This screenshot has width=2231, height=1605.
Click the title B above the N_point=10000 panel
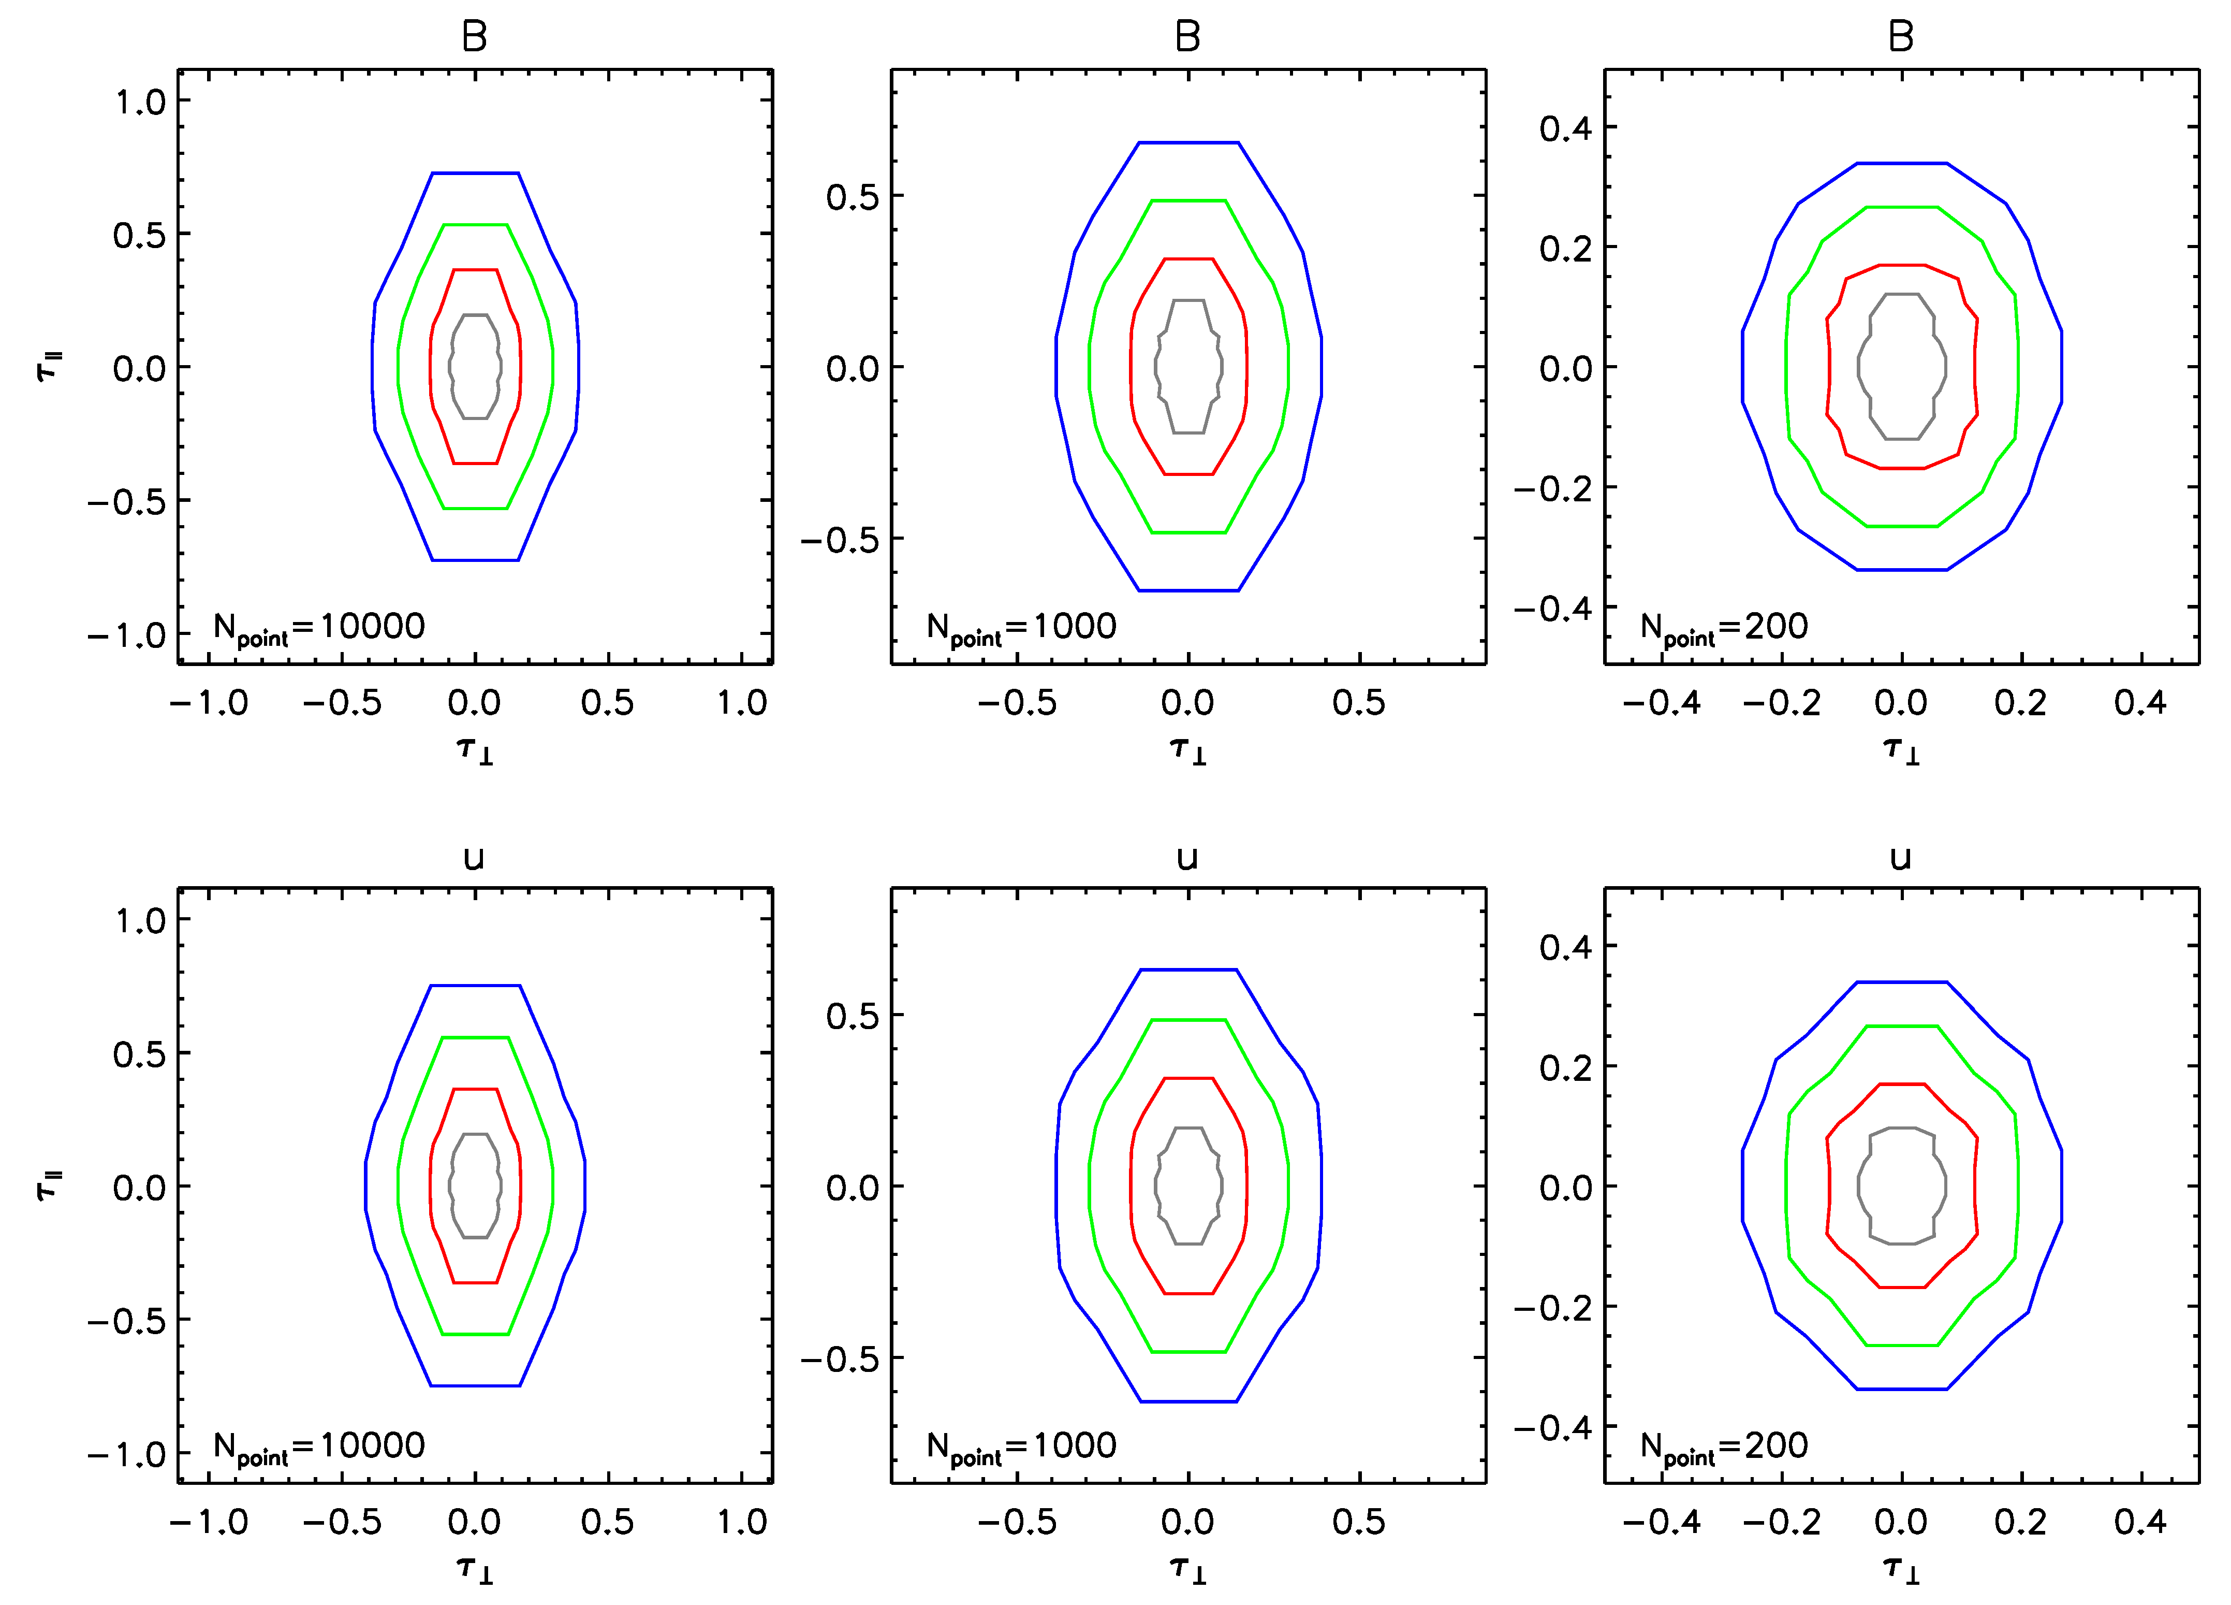[474, 37]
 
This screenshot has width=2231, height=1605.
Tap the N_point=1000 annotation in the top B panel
[1021, 628]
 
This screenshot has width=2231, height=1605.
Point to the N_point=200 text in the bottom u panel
[1723, 1447]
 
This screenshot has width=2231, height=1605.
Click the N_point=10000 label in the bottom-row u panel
[319, 1447]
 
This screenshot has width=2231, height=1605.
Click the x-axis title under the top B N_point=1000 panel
[1188, 751]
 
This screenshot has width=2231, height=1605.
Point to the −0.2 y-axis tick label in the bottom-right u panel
[1552, 1308]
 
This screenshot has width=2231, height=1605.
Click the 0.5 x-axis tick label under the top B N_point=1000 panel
[1358, 703]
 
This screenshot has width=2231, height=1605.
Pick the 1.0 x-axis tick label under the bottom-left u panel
[742, 1522]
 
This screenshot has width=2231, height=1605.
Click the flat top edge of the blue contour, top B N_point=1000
[1188, 143]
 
